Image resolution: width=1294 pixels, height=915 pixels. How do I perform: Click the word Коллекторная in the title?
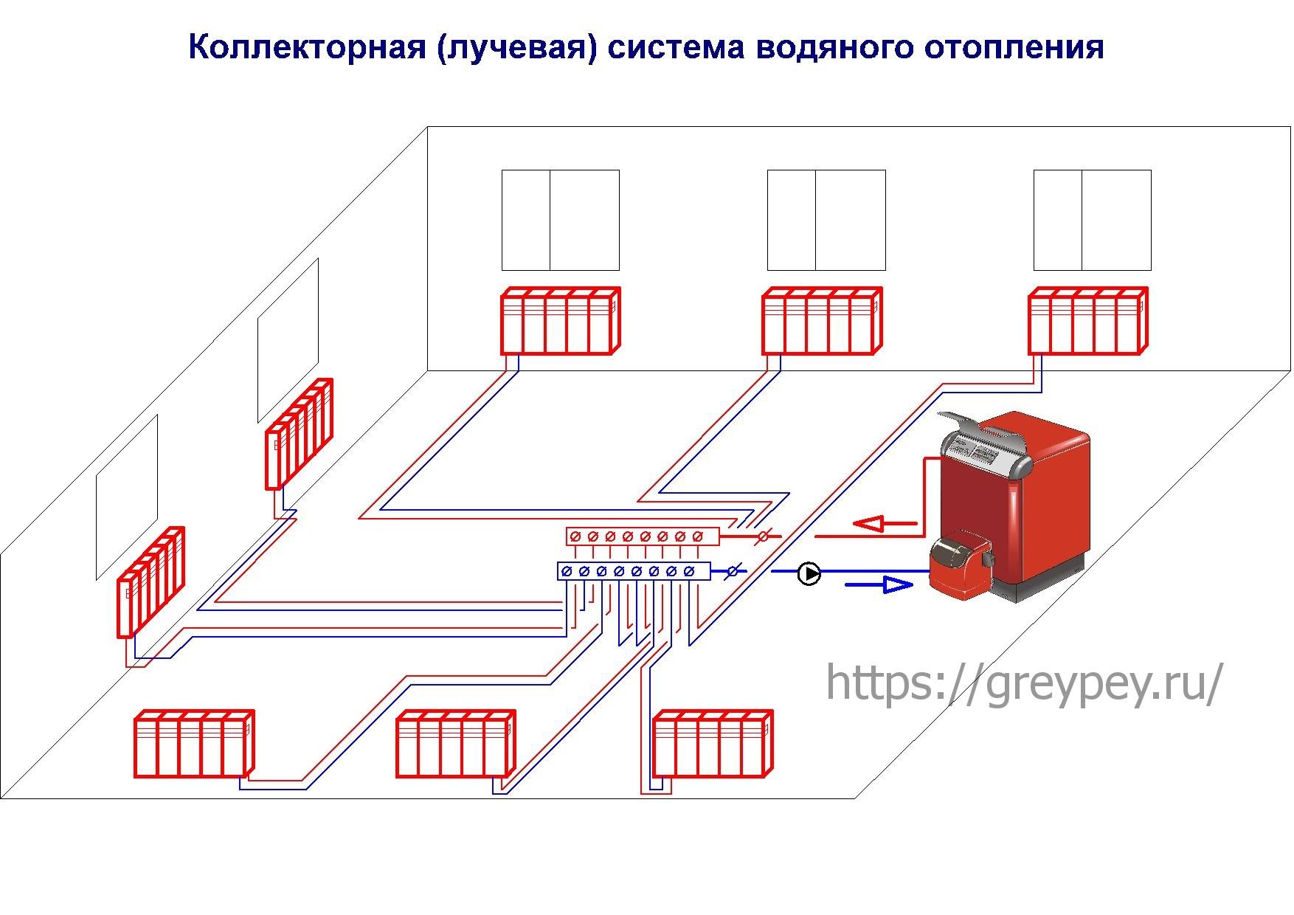pos(306,48)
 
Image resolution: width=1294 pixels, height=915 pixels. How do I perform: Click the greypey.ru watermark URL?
pos(1024,683)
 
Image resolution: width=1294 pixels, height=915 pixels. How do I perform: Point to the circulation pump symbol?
pos(809,573)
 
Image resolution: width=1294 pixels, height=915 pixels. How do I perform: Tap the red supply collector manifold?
pos(643,536)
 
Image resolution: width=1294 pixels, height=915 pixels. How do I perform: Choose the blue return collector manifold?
pos(634,571)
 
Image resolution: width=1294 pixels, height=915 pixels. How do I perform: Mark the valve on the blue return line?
pos(734,571)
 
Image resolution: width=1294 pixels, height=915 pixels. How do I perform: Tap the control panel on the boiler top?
pos(981,449)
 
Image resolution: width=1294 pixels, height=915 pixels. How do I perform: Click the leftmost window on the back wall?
pos(560,220)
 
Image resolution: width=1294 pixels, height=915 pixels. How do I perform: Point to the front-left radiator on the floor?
pos(194,744)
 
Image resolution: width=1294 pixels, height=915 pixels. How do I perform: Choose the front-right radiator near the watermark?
pos(713,744)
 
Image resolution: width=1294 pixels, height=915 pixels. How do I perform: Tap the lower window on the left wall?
pos(126,498)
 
